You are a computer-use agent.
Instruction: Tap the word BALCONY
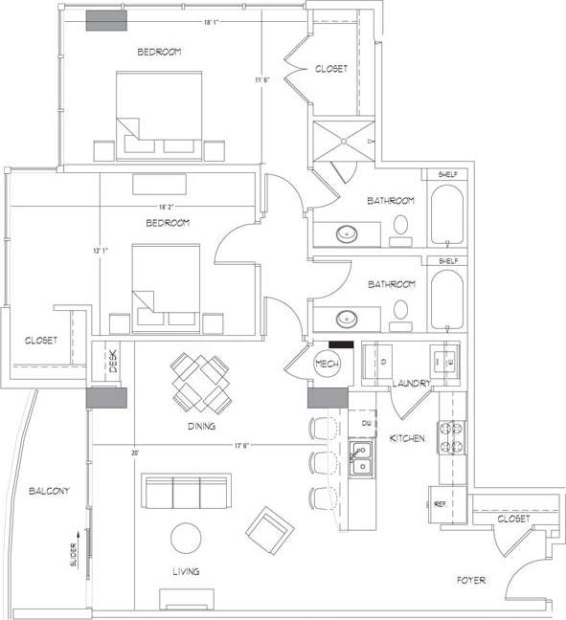(48, 491)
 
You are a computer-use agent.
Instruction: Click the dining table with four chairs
(200, 381)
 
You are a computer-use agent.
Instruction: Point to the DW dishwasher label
(366, 423)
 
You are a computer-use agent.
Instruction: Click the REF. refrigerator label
(442, 501)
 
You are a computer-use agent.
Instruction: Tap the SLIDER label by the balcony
(74, 555)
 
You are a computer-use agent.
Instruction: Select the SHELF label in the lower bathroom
(446, 260)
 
